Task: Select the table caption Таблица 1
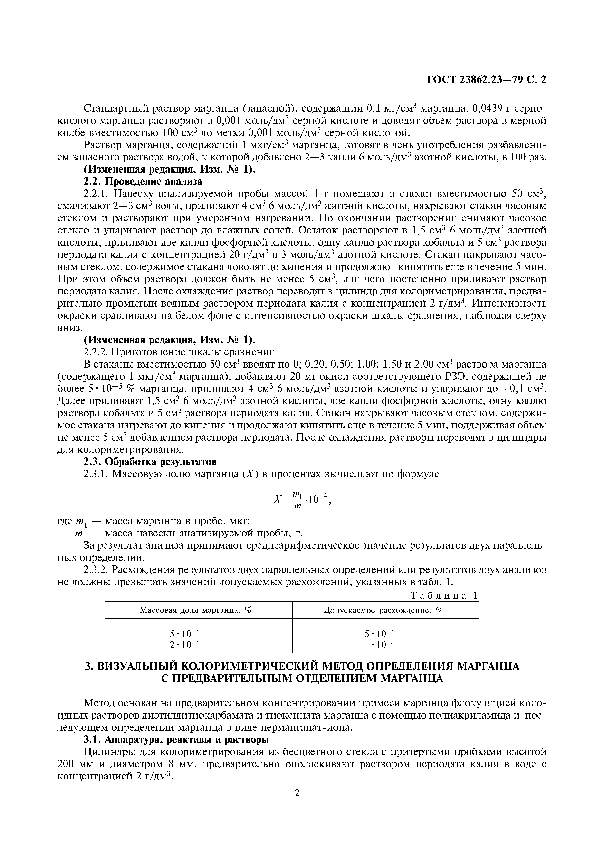pyautogui.click(x=444, y=595)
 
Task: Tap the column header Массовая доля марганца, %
pyautogui.click(x=196, y=610)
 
